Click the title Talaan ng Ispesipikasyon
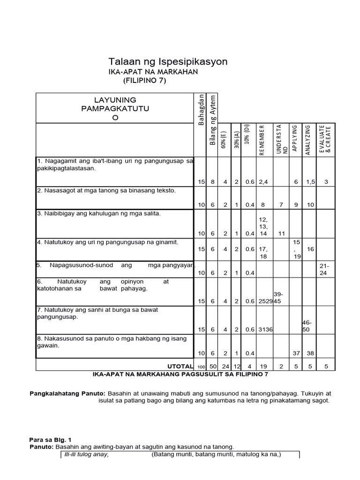coord(168,61)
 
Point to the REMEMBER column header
coord(262,140)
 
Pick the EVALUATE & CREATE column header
coord(325,139)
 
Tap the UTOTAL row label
coord(180,366)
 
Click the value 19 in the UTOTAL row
coord(263,366)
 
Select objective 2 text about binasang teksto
coord(106,190)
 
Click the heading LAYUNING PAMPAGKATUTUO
coord(115,109)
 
